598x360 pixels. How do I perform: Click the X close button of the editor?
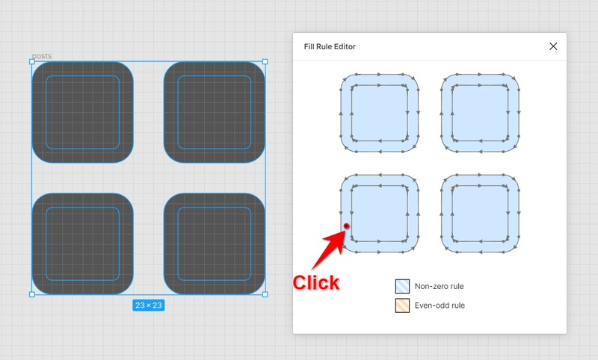(553, 46)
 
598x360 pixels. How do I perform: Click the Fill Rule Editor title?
(330, 46)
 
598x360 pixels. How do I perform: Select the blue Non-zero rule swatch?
(402, 286)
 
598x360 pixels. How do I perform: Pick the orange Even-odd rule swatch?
(402, 305)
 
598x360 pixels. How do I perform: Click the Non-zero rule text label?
(440, 286)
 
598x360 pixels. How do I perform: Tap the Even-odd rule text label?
(440, 305)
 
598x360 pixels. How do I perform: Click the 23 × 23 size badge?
(149, 305)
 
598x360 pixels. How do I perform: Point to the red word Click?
(315, 282)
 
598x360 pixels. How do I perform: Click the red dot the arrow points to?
(346, 226)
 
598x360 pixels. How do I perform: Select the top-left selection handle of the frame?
(32, 61)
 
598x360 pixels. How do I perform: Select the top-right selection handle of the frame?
(265, 61)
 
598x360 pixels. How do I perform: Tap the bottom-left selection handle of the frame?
(32, 294)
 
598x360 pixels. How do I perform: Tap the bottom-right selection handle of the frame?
(265, 294)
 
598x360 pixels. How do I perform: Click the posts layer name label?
(42, 56)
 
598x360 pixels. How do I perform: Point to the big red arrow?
(329, 249)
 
